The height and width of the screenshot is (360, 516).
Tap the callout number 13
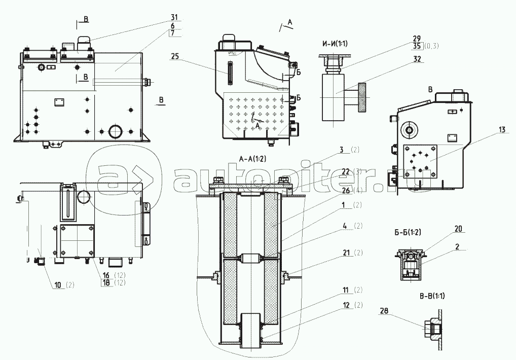point(502,130)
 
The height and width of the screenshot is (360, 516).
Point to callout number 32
point(417,59)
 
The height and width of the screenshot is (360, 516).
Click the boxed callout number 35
point(417,46)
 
